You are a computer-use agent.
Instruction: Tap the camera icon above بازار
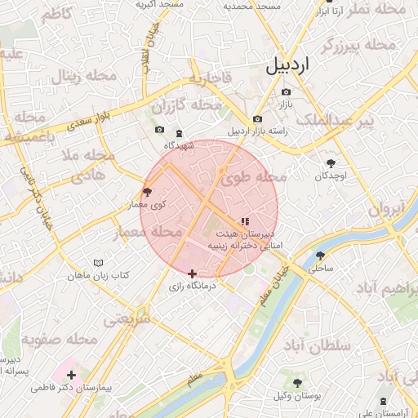(x=286, y=91)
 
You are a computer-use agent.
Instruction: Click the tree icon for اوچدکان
(x=331, y=162)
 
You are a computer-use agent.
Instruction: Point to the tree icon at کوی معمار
(x=147, y=192)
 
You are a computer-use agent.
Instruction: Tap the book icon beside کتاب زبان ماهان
(x=99, y=264)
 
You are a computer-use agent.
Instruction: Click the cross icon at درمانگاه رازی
(x=192, y=273)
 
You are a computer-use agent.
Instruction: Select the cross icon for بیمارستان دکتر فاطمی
(x=72, y=376)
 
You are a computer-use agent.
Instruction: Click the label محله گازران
(x=188, y=106)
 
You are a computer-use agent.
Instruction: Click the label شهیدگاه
(x=178, y=145)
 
